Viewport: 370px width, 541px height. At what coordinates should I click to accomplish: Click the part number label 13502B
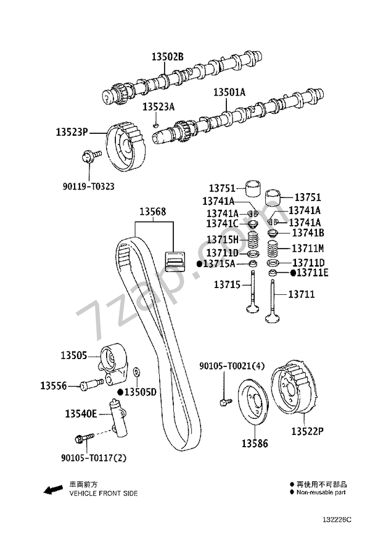coord(168,57)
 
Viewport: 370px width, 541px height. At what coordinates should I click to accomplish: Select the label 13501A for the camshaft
coord(229,93)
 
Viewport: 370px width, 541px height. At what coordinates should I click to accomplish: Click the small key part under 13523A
coord(157,125)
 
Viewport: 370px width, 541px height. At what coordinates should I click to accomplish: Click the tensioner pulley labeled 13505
coord(113,358)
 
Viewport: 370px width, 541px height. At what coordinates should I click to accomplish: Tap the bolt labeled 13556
coord(90,385)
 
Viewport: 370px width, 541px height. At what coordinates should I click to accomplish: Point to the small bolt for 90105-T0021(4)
coord(223,403)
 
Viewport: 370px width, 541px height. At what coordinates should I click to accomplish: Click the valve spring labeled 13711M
coord(271,250)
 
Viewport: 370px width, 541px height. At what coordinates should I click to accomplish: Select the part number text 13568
coord(152,212)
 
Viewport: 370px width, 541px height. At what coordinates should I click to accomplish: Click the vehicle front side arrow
coord(52,490)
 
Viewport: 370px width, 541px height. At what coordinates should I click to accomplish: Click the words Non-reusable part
coord(321,493)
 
